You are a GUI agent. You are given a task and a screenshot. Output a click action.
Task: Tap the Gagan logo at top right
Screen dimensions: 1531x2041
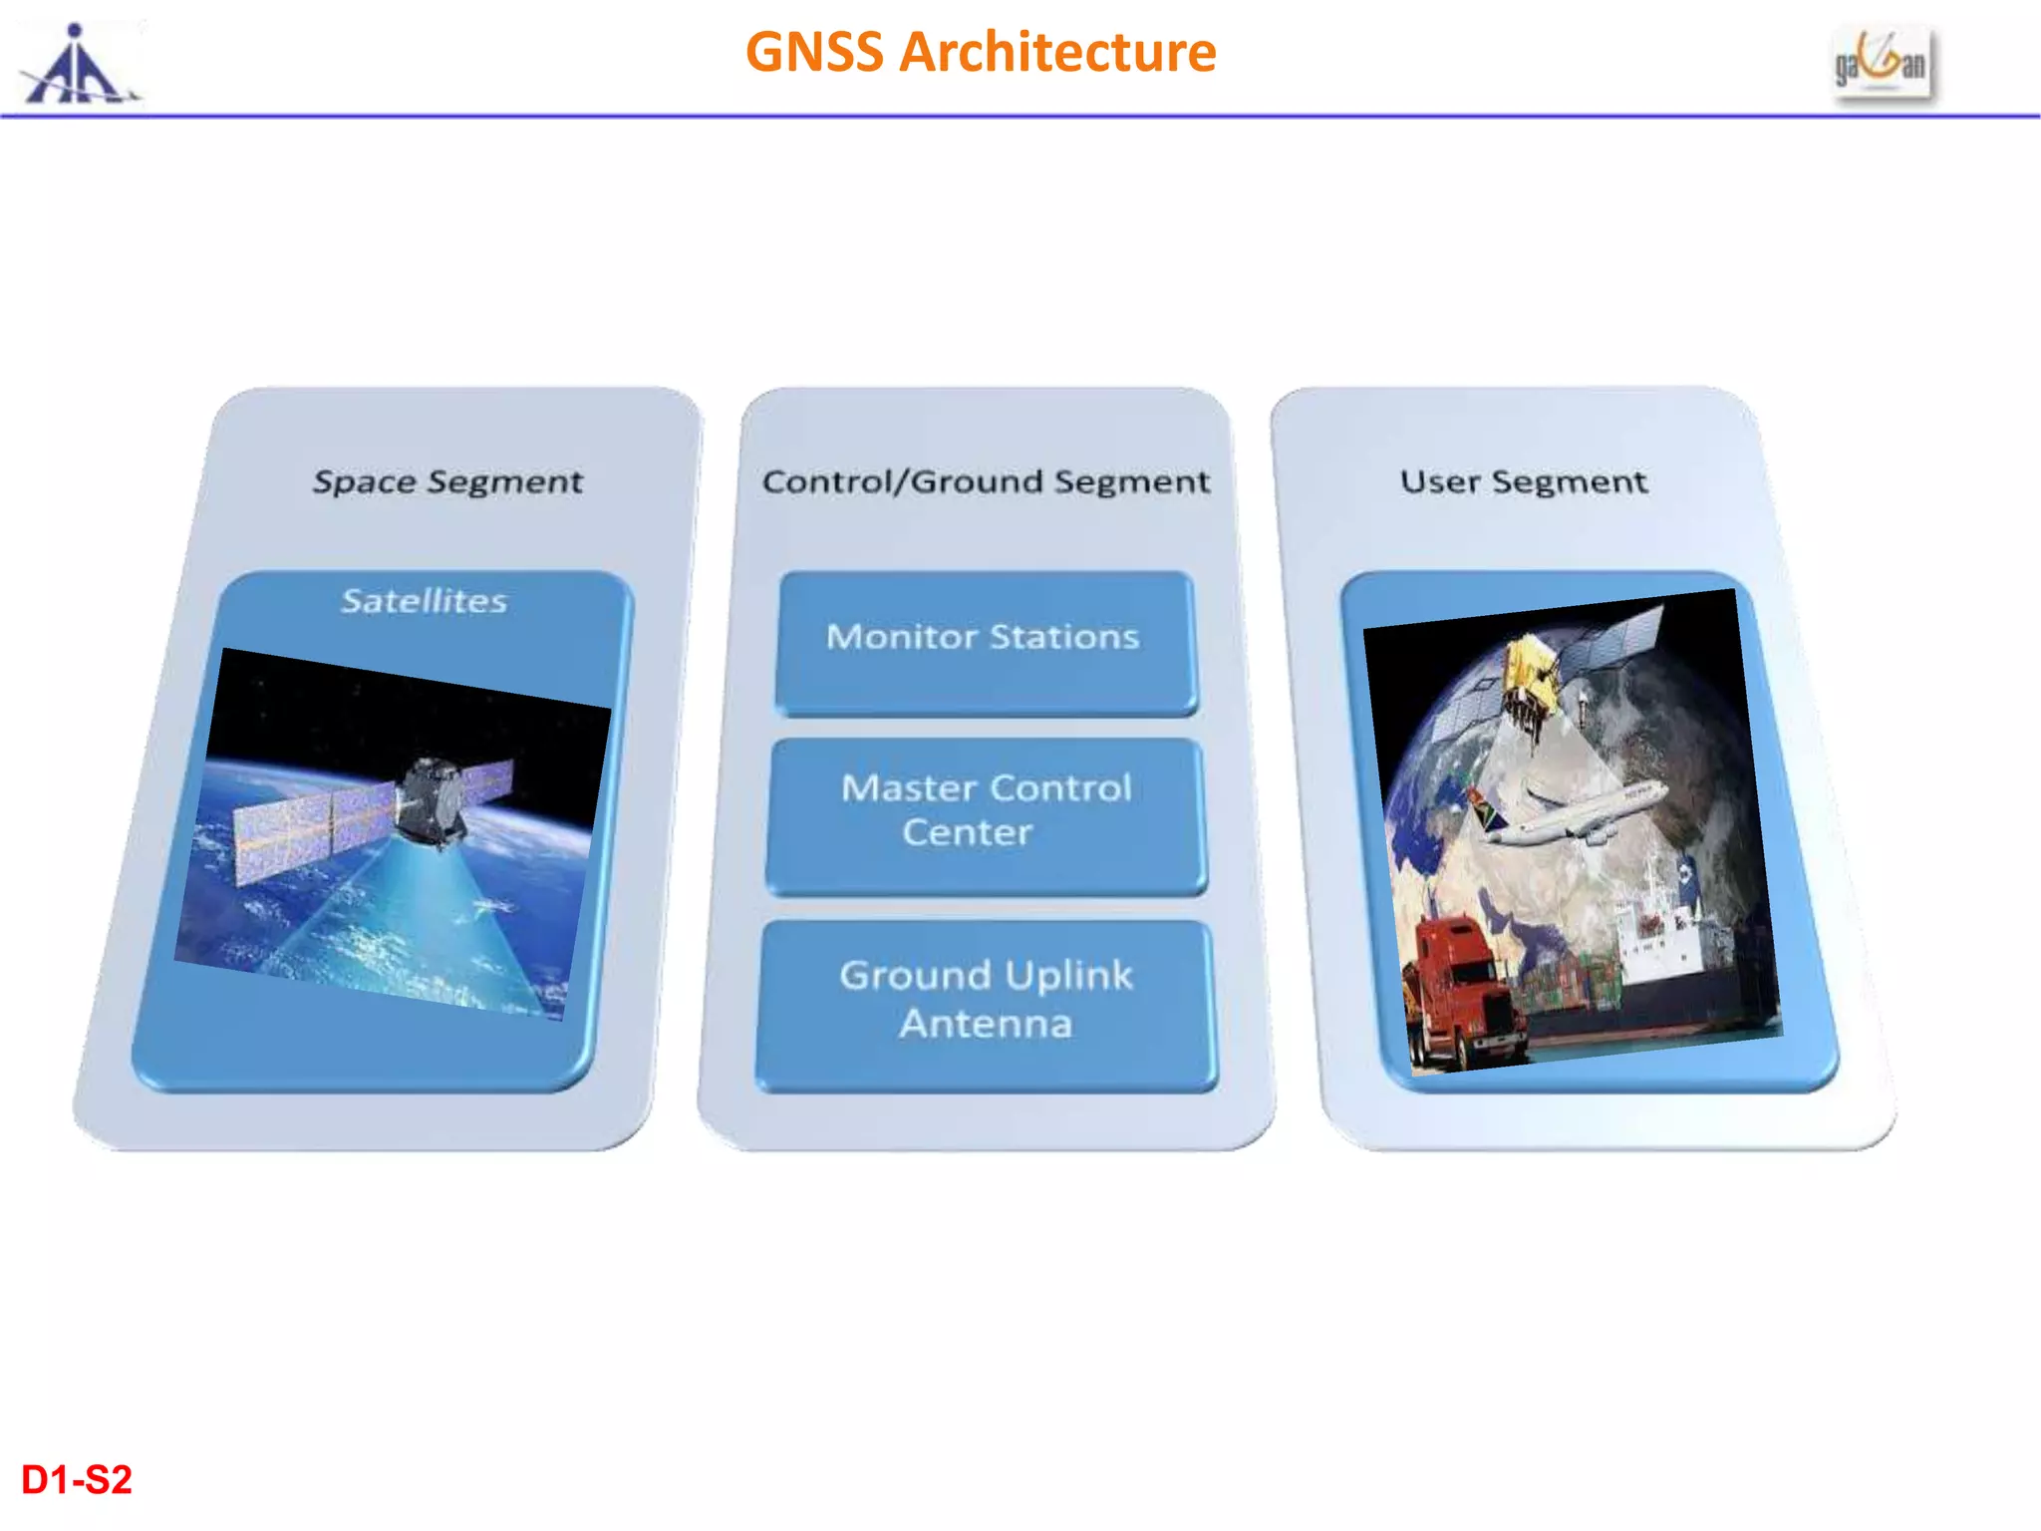(x=1882, y=63)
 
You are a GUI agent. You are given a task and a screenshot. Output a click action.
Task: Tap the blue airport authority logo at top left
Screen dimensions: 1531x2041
(x=78, y=65)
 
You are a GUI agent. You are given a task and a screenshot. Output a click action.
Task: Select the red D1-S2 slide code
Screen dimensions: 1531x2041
(x=77, y=1480)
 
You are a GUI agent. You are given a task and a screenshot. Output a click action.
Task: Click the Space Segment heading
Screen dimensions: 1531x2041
(x=447, y=481)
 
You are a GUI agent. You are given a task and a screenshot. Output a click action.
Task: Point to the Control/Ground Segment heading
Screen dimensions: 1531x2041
(x=986, y=481)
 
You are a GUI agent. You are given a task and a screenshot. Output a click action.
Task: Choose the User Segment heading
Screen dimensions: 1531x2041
(x=1523, y=481)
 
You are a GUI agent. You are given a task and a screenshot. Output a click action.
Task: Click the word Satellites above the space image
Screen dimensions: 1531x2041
(x=425, y=601)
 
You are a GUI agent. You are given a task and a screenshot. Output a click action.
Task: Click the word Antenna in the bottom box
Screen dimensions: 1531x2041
(x=985, y=1025)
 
